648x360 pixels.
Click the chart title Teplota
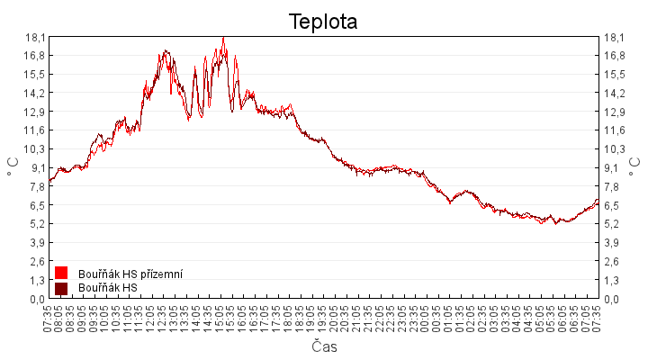323,22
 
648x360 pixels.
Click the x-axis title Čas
324,346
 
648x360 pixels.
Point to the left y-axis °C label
13,167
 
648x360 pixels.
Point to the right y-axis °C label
635,167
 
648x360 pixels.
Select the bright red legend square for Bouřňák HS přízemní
61,273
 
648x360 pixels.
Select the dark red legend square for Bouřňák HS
61,288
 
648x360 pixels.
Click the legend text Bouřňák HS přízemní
130,273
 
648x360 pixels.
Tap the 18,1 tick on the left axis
35,37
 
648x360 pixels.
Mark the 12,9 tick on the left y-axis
35,112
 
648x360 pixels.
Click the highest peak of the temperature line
223,38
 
